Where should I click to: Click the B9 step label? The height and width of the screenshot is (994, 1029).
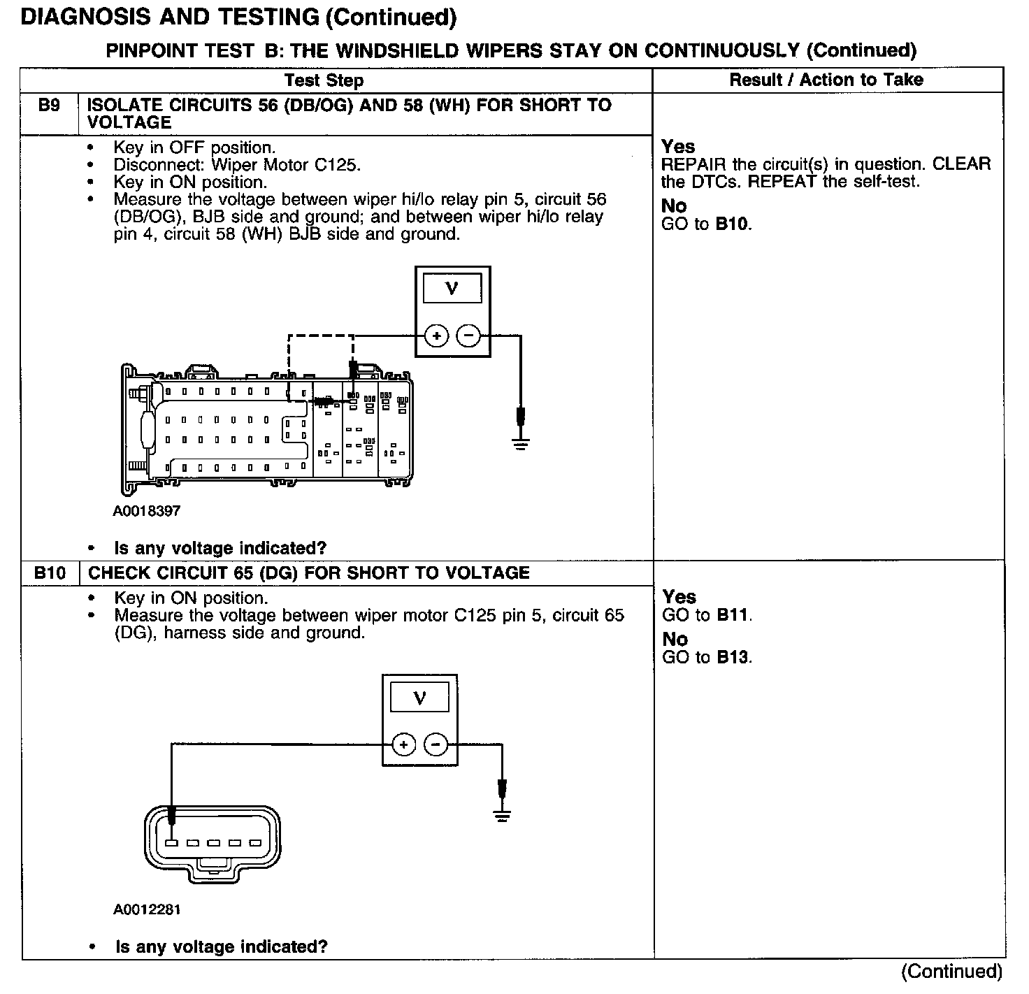pyautogui.click(x=49, y=106)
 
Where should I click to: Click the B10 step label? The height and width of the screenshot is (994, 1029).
pyautogui.click(x=50, y=573)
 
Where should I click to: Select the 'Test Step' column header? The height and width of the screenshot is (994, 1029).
pyautogui.click(x=324, y=80)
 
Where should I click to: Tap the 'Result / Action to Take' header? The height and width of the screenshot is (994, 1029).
pyautogui.click(x=826, y=80)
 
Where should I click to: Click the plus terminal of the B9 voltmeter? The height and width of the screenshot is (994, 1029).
pyautogui.click(x=437, y=336)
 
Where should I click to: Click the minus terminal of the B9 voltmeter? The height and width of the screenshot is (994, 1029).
pyautogui.click(x=468, y=336)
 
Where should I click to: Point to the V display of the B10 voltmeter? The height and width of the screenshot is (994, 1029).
pyautogui.click(x=419, y=698)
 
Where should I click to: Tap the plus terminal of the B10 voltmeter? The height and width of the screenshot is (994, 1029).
pyautogui.click(x=404, y=745)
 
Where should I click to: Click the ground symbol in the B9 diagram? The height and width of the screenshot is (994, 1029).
pyautogui.click(x=520, y=442)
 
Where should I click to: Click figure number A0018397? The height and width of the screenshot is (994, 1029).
pyautogui.click(x=147, y=511)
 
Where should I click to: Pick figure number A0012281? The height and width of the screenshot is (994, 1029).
pyautogui.click(x=147, y=909)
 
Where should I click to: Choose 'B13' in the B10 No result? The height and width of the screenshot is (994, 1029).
pyautogui.click(x=733, y=658)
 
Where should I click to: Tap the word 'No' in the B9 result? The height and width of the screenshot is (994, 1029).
pyautogui.click(x=674, y=206)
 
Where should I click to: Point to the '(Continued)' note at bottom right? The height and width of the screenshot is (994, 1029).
pyautogui.click(x=951, y=971)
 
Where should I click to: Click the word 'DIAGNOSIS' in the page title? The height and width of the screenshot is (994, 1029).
pyautogui.click(x=82, y=17)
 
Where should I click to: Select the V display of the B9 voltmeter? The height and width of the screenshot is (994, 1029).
pyautogui.click(x=452, y=288)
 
